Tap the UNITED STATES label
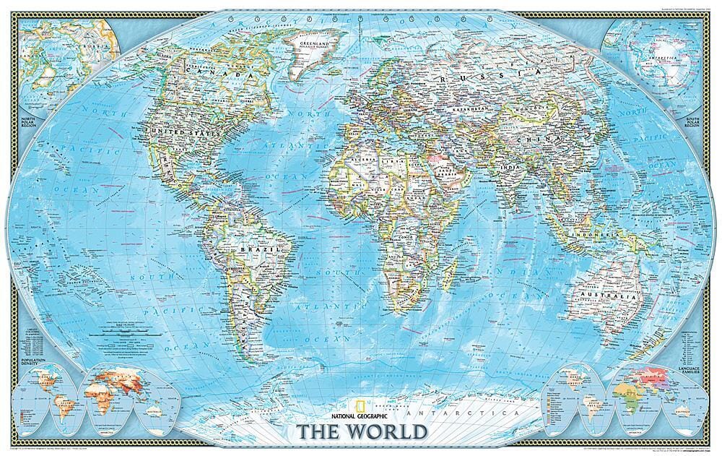pyautogui.click(x=173, y=132)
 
